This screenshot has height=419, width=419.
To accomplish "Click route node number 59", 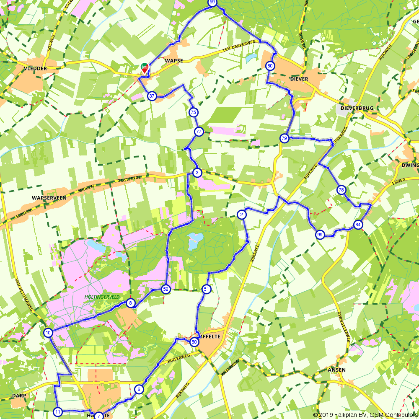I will [212, 3].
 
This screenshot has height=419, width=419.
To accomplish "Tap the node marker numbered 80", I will [270, 66].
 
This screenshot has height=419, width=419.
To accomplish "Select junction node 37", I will [152, 96].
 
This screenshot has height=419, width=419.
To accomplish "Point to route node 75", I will [193, 112].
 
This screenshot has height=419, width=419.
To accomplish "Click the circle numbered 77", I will [199, 132].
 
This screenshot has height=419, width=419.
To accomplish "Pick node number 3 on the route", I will [197, 173].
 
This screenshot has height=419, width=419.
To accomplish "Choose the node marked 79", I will [284, 138].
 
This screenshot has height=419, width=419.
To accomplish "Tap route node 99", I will [320, 235].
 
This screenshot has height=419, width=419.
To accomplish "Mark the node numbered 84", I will [358, 225].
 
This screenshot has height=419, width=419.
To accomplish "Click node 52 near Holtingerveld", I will [166, 289].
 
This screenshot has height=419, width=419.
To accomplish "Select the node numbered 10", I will [48, 333].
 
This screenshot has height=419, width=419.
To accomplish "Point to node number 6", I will [139, 389].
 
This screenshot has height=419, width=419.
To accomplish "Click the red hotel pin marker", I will [144, 68].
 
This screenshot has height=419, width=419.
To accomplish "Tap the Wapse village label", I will [174, 61].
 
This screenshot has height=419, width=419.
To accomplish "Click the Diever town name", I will [299, 79].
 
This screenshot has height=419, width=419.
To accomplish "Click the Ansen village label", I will [337, 370].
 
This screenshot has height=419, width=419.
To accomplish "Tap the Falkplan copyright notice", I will [364, 415].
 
